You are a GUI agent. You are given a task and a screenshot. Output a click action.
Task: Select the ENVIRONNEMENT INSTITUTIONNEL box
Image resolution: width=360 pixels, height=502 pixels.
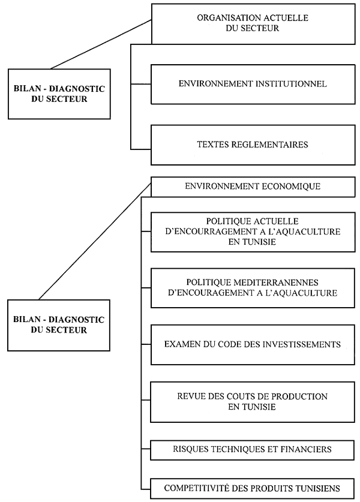[252, 85]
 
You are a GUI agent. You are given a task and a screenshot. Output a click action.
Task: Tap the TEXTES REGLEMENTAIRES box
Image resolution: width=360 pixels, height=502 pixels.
[252, 145]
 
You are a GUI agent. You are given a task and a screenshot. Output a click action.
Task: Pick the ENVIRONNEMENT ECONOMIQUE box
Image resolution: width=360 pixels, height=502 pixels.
[252, 187]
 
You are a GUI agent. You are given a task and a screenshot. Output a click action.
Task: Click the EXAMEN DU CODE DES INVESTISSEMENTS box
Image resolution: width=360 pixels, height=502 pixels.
[252, 345]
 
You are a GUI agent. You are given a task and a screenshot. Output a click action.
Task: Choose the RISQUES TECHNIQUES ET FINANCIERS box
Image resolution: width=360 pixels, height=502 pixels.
[252, 449]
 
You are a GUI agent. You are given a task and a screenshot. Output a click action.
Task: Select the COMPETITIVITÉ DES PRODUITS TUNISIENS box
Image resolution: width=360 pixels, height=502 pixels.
[252, 488]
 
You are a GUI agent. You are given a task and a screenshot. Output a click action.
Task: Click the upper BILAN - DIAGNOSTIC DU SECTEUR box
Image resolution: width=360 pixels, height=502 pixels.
[58, 94]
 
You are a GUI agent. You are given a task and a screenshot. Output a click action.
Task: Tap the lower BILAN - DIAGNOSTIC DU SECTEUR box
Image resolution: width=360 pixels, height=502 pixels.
[58, 324]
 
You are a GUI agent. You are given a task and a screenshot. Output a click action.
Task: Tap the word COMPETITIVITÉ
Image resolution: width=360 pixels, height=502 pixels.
[195, 488]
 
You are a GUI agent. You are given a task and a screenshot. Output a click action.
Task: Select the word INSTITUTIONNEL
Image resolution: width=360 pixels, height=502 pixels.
[290, 85]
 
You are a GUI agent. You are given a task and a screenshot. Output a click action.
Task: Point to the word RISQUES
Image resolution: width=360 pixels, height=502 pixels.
[191, 449]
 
